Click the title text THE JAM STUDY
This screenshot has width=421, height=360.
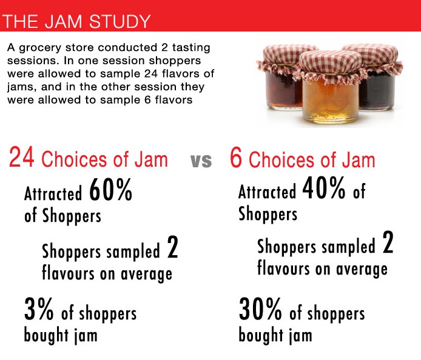tap(76, 22)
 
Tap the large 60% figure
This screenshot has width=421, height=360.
tap(110, 191)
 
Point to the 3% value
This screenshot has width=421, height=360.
tap(39, 310)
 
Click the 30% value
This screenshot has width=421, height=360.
tap(260, 310)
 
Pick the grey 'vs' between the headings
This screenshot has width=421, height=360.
tap(201, 161)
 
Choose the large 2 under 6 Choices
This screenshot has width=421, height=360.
tap(388, 244)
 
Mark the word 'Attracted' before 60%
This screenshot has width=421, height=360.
tap(53, 194)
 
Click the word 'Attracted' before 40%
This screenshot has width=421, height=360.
tap(268, 192)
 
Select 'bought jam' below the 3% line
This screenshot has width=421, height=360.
tap(60, 335)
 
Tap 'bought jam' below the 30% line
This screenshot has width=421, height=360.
tap(275, 335)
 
